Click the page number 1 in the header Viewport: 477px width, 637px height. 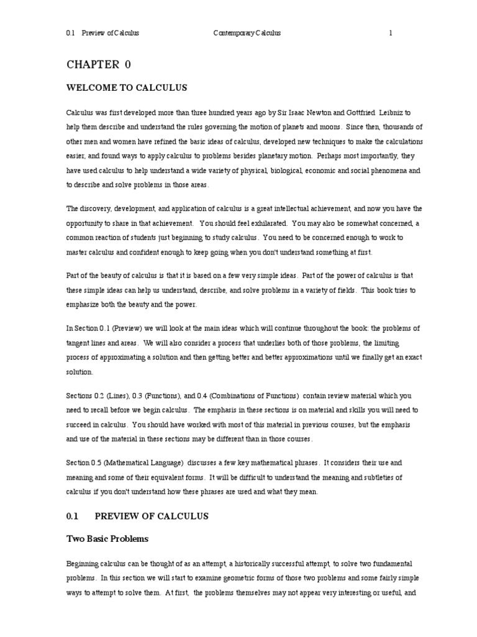coord(391,33)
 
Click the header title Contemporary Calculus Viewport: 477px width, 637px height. coord(247,33)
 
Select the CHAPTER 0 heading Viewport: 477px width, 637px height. coord(99,64)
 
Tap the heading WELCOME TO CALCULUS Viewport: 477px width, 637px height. coord(127,88)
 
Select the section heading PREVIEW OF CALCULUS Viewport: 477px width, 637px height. coord(151,516)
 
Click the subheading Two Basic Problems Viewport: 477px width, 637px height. coord(107,538)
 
